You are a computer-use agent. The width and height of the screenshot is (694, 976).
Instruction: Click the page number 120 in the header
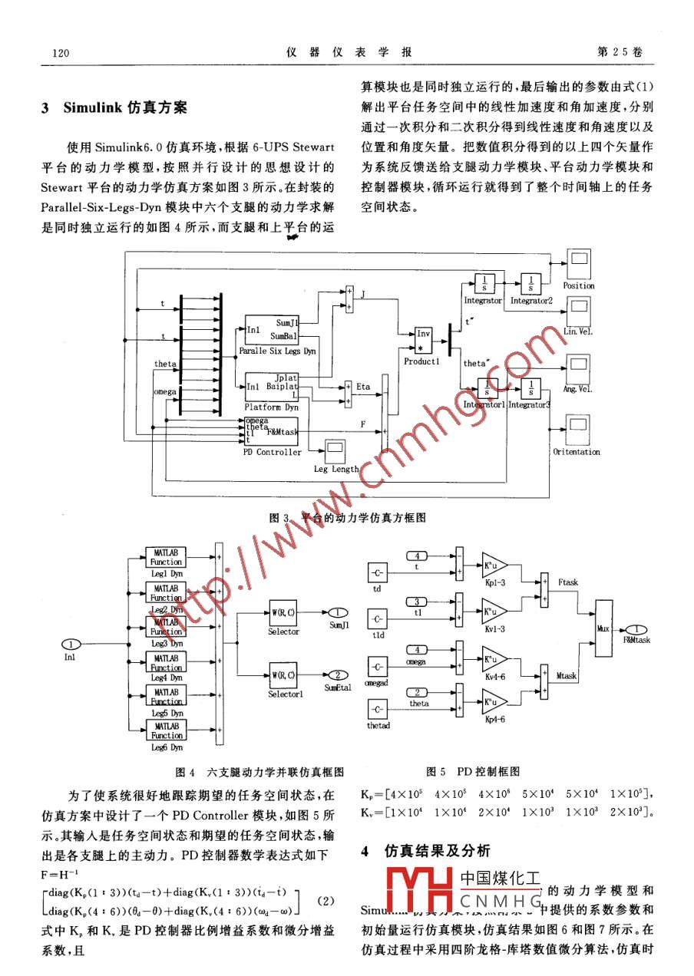[61, 52]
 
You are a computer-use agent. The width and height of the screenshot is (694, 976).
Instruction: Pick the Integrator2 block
[531, 283]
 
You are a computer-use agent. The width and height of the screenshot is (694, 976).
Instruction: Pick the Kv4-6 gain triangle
[492, 660]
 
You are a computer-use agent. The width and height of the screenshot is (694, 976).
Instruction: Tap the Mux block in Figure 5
[603, 628]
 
